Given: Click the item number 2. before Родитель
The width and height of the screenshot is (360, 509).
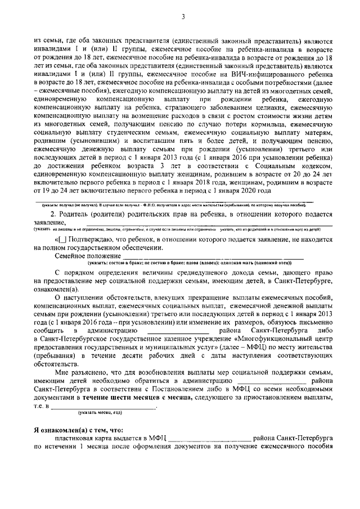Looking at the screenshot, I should (x=53, y=215).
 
